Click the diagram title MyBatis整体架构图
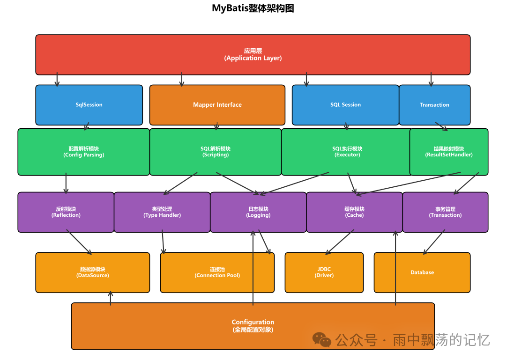click(253, 8)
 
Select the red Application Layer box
click(253, 54)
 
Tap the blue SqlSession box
click(89, 105)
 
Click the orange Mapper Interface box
click(217, 105)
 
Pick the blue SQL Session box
click(345, 105)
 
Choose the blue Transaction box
click(434, 105)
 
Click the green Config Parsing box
click(83, 152)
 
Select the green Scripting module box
click(216, 152)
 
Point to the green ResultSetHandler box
click(449, 152)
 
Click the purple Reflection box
click(66, 212)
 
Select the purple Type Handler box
click(162, 212)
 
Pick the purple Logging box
click(258, 212)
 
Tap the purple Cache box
click(354, 212)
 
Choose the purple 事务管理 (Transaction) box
click(445, 212)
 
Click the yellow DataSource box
click(92, 272)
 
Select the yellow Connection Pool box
click(217, 272)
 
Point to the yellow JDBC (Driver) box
click(324, 272)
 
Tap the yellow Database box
click(422, 272)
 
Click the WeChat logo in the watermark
click(322, 339)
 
